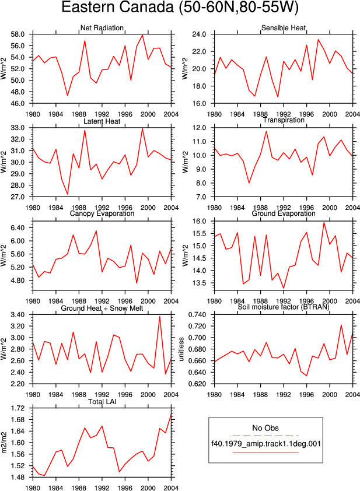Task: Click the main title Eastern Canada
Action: pos(119,8)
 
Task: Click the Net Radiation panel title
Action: pos(102,28)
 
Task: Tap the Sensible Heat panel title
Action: pos(284,28)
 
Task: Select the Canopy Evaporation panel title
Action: pos(102,213)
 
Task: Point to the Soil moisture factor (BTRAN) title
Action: pos(284,307)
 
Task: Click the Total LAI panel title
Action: pos(102,401)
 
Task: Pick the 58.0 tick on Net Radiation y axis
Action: pos(18,34)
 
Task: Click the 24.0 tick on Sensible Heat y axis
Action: pos(200,34)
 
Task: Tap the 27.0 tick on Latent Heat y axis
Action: pos(18,197)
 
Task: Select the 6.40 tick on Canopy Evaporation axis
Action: pos(18,227)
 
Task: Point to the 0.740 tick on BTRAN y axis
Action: pos(197,315)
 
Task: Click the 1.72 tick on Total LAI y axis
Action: pos(18,408)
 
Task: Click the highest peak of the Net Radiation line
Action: pos(142,35)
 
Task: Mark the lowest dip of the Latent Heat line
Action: pos(67,194)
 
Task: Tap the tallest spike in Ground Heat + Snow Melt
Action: pos(160,317)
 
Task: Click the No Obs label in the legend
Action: pos(265,428)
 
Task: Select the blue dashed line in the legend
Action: pos(265,436)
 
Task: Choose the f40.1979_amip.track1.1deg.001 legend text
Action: pos(266,444)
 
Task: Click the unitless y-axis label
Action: pos(181,349)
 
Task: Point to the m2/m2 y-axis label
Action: pos(4,443)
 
